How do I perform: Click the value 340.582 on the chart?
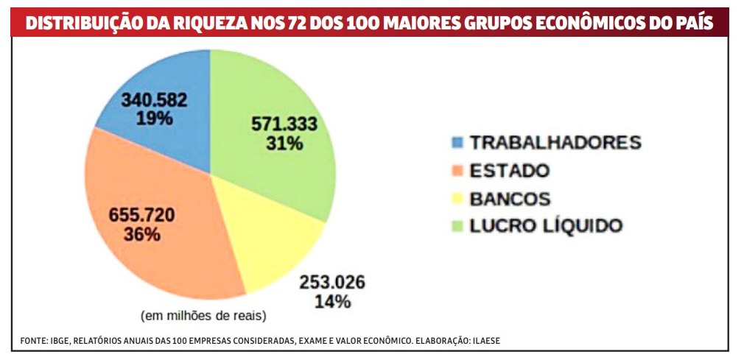[x=155, y=99]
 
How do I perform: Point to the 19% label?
[x=154, y=119]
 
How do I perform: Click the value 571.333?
[x=284, y=124]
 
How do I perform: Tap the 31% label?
[x=284, y=143]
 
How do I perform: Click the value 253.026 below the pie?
[x=332, y=282]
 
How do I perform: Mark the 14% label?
[x=332, y=301]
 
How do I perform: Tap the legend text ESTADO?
[x=510, y=171]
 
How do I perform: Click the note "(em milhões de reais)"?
[x=203, y=316]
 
